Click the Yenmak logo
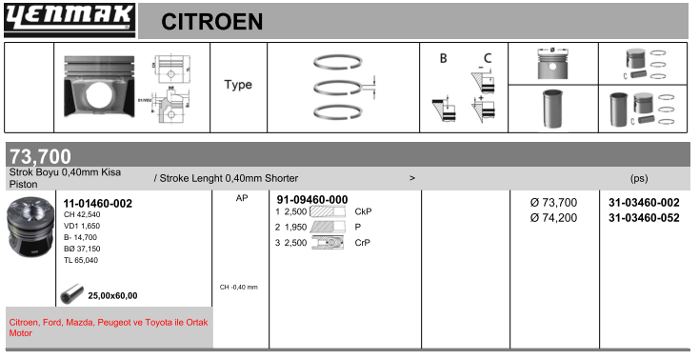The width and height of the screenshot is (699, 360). tap(70, 20)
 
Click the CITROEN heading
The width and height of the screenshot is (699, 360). tap(211, 21)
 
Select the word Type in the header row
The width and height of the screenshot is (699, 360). tap(238, 85)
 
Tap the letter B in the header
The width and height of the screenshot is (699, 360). tap(443, 58)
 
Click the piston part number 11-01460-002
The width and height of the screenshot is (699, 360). tap(98, 204)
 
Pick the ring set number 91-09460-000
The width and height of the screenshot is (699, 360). tap(312, 200)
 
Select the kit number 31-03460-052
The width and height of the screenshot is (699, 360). tap(644, 218)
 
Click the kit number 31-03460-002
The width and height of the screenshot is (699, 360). tap(644, 203)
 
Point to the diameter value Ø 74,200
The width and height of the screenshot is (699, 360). tap(553, 218)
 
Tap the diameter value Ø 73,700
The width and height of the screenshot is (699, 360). tap(553, 203)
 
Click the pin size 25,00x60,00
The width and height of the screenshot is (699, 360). tap(112, 296)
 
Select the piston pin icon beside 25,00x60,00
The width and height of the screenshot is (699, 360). tap(72, 294)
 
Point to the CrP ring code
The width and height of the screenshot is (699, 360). tap(363, 243)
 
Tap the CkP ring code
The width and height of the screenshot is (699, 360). tap(363, 211)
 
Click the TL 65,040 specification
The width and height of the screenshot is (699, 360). tap(81, 260)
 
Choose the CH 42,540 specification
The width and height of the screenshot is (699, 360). tap(82, 214)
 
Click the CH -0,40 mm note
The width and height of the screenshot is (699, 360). tap(238, 288)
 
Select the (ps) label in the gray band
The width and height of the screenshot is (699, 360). tap(639, 178)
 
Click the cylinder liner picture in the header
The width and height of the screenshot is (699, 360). tap(552, 109)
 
